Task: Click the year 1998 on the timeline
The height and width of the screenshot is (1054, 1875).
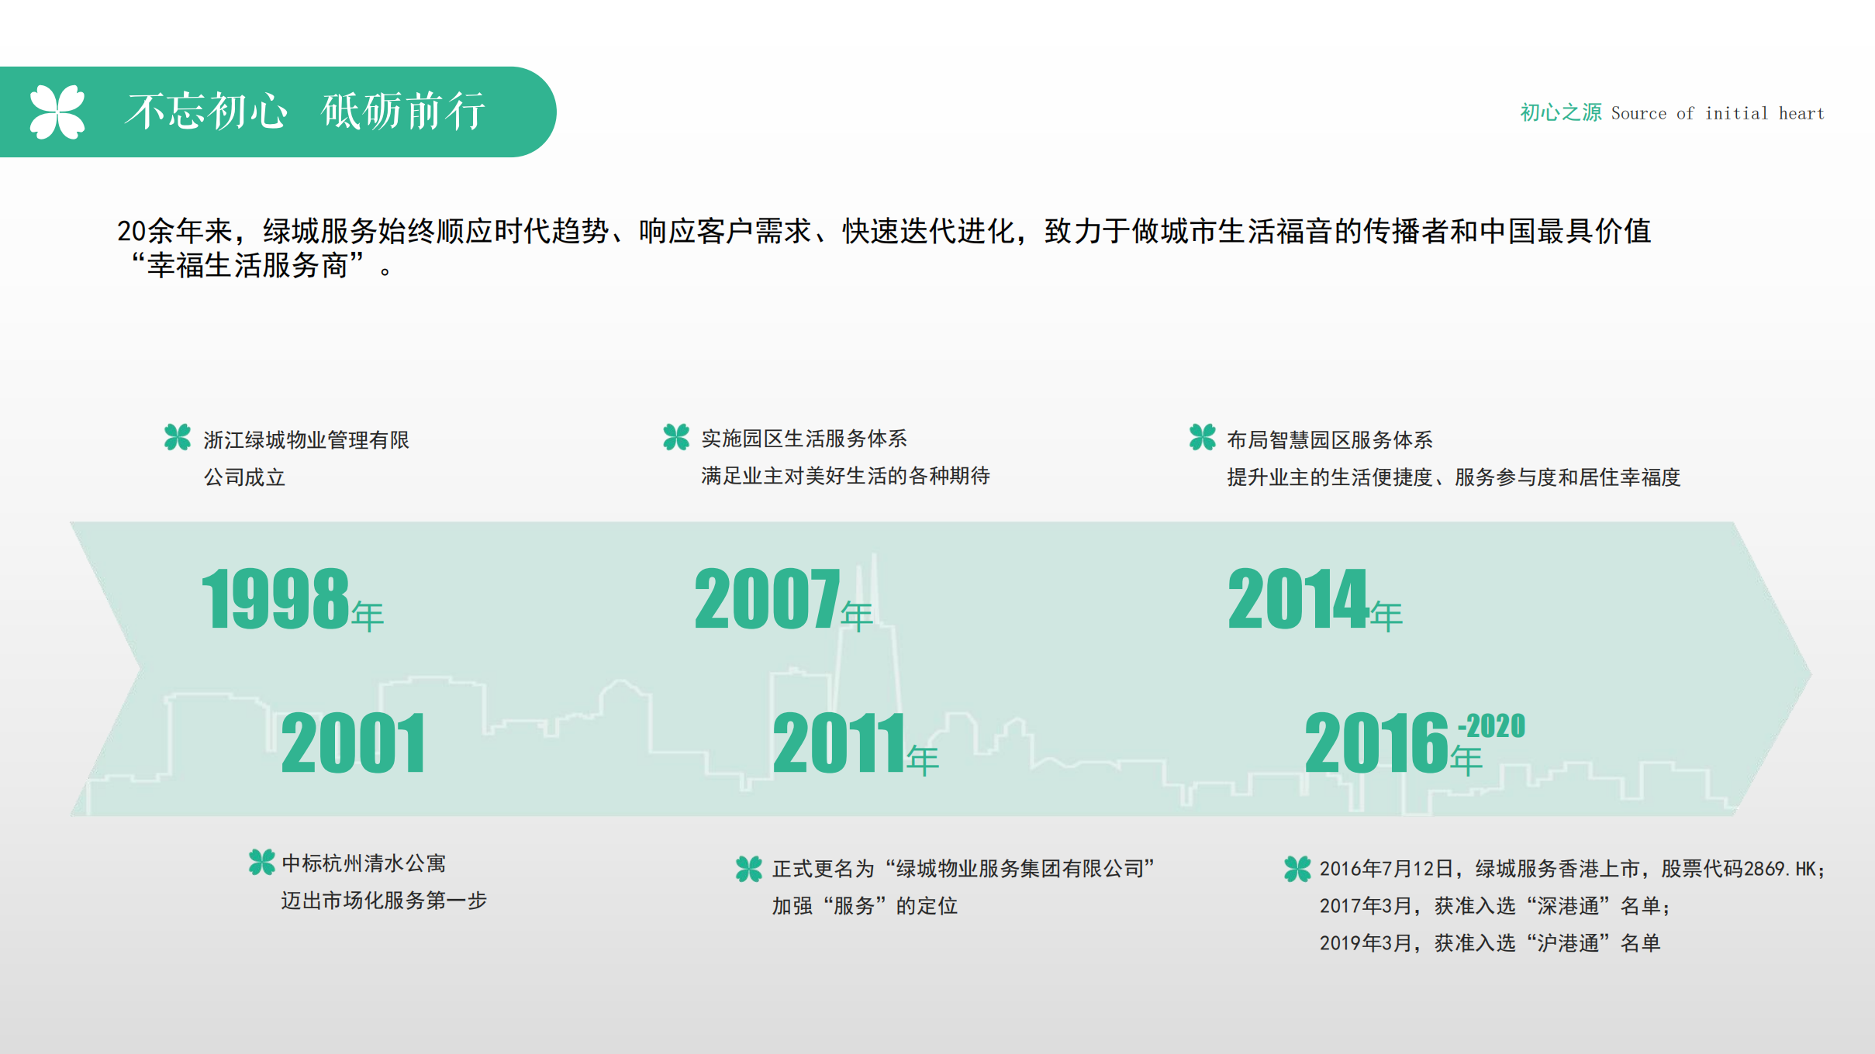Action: [x=275, y=598]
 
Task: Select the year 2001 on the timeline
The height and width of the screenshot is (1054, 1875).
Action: [x=353, y=744]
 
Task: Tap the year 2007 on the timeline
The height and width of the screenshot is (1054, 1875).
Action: [x=767, y=598]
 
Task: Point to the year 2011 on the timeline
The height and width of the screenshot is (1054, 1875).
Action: [x=839, y=744]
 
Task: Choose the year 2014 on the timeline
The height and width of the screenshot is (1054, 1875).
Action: [x=1298, y=598]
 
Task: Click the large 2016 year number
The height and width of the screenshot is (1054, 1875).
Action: [x=1376, y=744]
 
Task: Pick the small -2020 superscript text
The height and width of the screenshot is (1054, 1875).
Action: [x=1491, y=726]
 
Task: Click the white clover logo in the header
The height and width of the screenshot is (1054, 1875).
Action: [x=57, y=112]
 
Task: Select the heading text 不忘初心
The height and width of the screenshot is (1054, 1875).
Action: [x=206, y=112]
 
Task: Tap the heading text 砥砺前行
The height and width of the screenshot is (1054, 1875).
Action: [x=403, y=112]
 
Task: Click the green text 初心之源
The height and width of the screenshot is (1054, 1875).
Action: [x=1560, y=113]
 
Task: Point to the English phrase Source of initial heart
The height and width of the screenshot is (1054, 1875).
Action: [x=1718, y=113]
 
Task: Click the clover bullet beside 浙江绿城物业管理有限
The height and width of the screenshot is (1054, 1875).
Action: [x=178, y=437]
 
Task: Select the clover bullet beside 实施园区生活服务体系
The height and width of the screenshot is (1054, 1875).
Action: [x=676, y=437]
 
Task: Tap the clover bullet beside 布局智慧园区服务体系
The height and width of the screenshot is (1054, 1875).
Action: [x=1203, y=437]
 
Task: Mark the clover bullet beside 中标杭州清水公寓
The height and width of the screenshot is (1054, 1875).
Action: [x=262, y=862]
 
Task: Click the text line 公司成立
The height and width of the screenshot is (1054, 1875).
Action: [x=244, y=477]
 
